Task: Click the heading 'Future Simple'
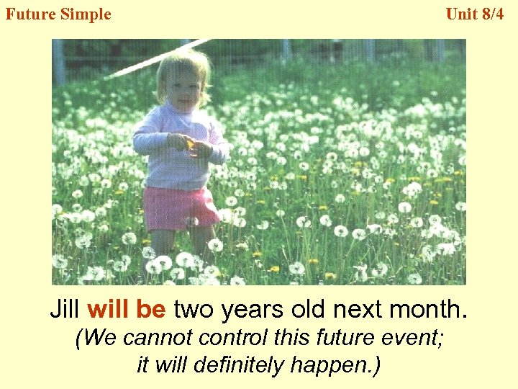(x=58, y=14)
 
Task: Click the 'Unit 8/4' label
(x=475, y=14)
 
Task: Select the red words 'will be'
(x=126, y=309)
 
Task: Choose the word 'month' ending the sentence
(x=426, y=309)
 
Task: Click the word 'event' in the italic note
(x=412, y=339)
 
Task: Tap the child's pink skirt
(x=180, y=207)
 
